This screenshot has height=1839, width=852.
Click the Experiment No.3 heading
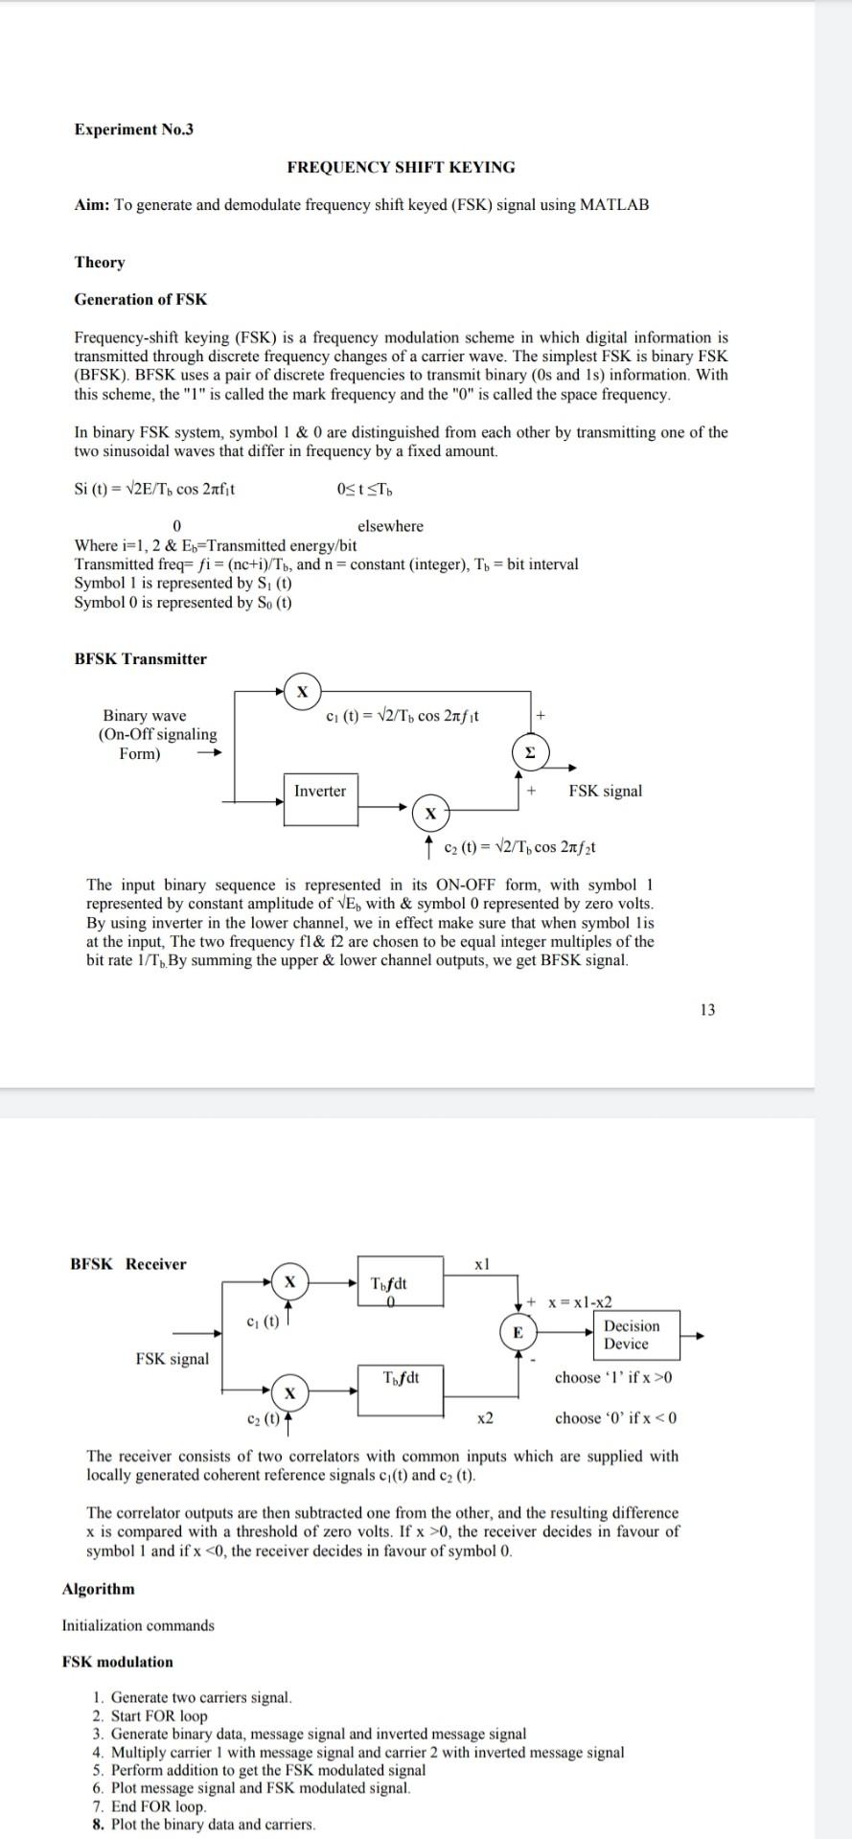pos(133,129)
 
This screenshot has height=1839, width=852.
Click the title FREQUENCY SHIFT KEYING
pos(401,167)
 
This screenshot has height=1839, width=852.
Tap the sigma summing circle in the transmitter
pos(528,754)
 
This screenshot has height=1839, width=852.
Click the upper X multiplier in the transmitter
pos(303,690)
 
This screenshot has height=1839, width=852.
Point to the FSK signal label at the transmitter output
pos(606,791)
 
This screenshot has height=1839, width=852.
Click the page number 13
pos(707,1009)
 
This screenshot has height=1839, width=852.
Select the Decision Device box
pos(632,1335)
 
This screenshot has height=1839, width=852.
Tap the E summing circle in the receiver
pos(518,1332)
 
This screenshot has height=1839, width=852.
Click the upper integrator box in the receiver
pos(402,1281)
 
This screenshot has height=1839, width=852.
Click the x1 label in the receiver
pos(482,1264)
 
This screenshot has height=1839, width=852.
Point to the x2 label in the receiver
pos(485,1417)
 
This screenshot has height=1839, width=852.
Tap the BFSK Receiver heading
pos(128,1264)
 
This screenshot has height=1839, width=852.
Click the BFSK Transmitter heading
pos(141,658)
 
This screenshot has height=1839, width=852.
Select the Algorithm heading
pos(98,1589)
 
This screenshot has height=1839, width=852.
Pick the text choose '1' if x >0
pos(614,1377)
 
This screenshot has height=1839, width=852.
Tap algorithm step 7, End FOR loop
pos(158,1806)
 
